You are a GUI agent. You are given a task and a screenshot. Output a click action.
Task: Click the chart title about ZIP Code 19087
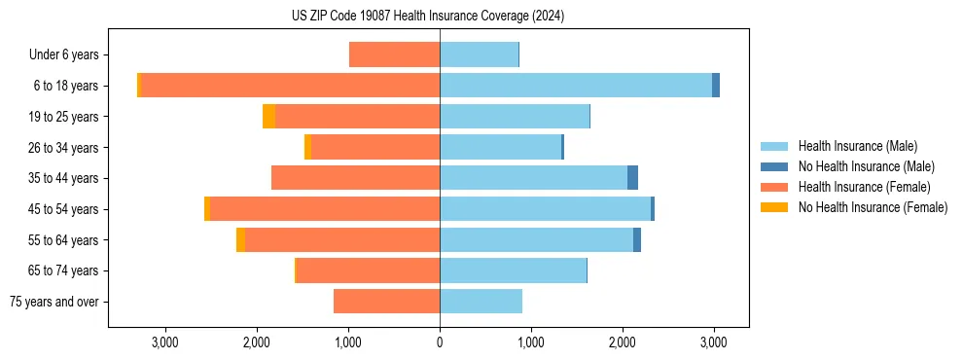click(x=428, y=17)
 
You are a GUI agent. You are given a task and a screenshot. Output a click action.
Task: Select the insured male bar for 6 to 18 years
click(x=576, y=86)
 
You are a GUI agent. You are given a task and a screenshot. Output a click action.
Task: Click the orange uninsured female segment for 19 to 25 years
click(x=268, y=117)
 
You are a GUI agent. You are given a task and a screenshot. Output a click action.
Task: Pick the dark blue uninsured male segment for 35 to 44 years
click(x=632, y=178)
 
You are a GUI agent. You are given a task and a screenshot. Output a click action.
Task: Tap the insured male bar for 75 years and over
click(x=481, y=302)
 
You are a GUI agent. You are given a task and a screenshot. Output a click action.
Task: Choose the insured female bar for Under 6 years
click(x=394, y=55)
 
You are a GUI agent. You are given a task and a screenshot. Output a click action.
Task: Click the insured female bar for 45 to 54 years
click(x=325, y=209)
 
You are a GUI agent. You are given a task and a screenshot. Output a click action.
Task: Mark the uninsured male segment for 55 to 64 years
click(x=637, y=240)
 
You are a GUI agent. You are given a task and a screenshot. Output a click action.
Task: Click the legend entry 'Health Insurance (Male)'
click(x=857, y=146)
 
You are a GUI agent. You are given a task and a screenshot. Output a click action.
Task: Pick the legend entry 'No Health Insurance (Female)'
click(x=873, y=207)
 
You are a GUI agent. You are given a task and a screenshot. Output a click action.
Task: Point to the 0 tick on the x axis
click(x=440, y=342)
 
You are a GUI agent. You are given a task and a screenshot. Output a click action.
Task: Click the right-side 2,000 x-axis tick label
click(x=623, y=342)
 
